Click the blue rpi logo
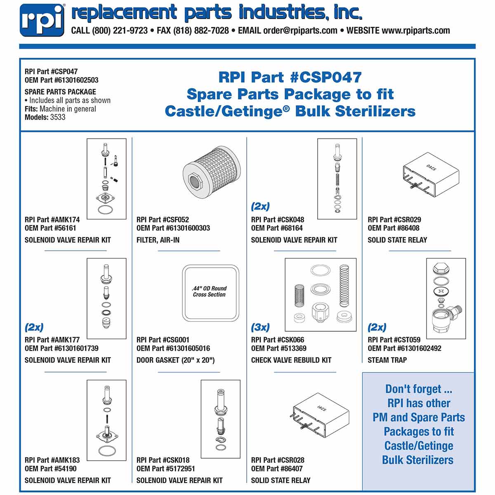click(x=42, y=20)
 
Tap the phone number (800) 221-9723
click(x=120, y=31)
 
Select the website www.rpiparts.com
click(x=415, y=31)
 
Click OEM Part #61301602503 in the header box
click(x=61, y=80)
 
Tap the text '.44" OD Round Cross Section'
click(x=210, y=292)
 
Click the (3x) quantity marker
click(x=260, y=328)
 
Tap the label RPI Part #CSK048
click(x=278, y=220)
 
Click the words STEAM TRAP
click(x=387, y=360)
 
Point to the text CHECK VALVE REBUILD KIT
click(x=291, y=360)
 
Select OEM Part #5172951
click(x=166, y=469)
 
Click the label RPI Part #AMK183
click(x=52, y=460)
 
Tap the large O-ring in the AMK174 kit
click(x=106, y=210)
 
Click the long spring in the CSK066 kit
click(x=344, y=285)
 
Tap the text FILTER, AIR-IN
click(x=158, y=240)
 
